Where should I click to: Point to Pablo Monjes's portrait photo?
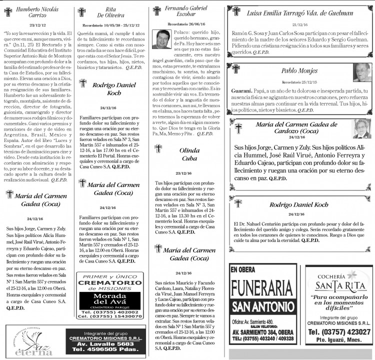click(x=361, y=72)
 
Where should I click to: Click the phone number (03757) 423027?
click(x=339, y=331)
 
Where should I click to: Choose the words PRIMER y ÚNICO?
click(x=110, y=277)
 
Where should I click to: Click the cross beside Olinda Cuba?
click(x=158, y=149)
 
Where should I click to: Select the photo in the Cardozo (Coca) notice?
click(x=361, y=128)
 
